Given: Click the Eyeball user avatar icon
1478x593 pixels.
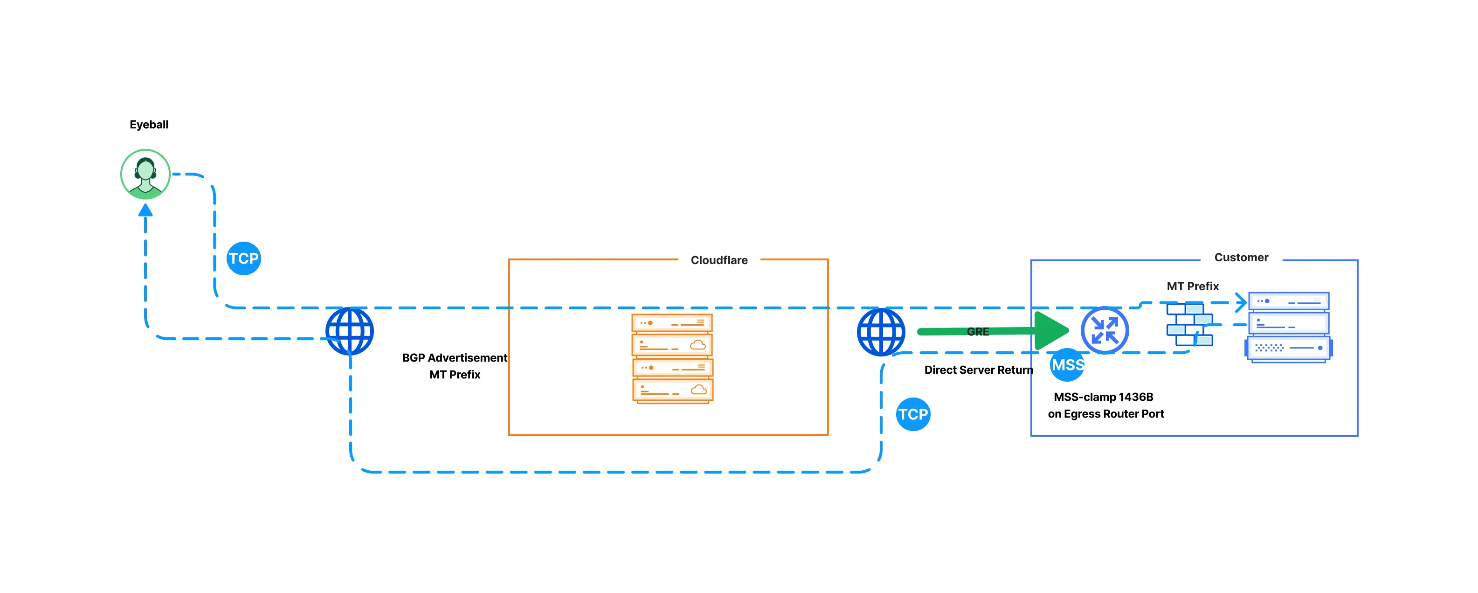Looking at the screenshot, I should point(145,174).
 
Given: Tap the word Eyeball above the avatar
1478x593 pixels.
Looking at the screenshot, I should point(149,125).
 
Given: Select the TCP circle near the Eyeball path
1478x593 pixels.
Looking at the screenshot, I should point(244,258).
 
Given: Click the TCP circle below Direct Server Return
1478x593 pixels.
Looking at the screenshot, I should point(912,414).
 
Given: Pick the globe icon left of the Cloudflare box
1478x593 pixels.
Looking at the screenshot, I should point(349,331).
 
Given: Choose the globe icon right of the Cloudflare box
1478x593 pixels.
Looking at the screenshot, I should point(881,332).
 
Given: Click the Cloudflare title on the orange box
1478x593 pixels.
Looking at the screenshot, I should point(718,260).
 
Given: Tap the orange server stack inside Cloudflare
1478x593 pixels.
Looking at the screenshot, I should point(672,358).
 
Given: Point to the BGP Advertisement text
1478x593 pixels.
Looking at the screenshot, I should point(455,358).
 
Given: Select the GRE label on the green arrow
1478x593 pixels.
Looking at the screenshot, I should point(978,332).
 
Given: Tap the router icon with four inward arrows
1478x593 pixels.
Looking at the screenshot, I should point(1104,331).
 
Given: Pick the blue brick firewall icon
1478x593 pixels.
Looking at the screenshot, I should point(1189,325).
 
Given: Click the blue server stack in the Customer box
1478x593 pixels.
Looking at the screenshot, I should point(1288,327).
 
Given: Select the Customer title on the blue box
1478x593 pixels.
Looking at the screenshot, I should point(1241,258).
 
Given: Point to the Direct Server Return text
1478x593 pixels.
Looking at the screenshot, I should point(978,370).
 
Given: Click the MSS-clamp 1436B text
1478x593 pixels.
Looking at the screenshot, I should point(1103,397).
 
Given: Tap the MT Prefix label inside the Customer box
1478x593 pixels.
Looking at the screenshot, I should point(1192,286).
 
